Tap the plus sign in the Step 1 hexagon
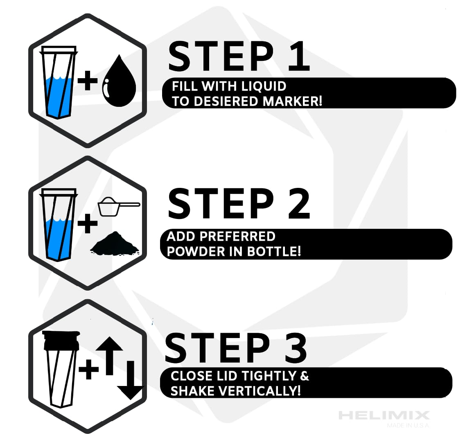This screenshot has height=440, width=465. point(88,80)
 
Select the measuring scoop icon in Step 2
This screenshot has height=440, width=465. point(119,206)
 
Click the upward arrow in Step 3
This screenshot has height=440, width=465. point(109,356)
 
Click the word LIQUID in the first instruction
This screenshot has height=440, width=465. point(264,86)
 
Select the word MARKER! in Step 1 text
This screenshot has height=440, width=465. point(292,102)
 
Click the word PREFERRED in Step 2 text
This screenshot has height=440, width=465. point(237,237)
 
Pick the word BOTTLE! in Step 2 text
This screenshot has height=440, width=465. point(274,251)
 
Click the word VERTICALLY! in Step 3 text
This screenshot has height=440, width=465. point(260,391)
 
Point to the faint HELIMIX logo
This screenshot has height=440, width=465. point(384,415)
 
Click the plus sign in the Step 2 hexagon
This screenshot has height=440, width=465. point(88,223)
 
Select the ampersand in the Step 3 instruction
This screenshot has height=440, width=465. point(305,376)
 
